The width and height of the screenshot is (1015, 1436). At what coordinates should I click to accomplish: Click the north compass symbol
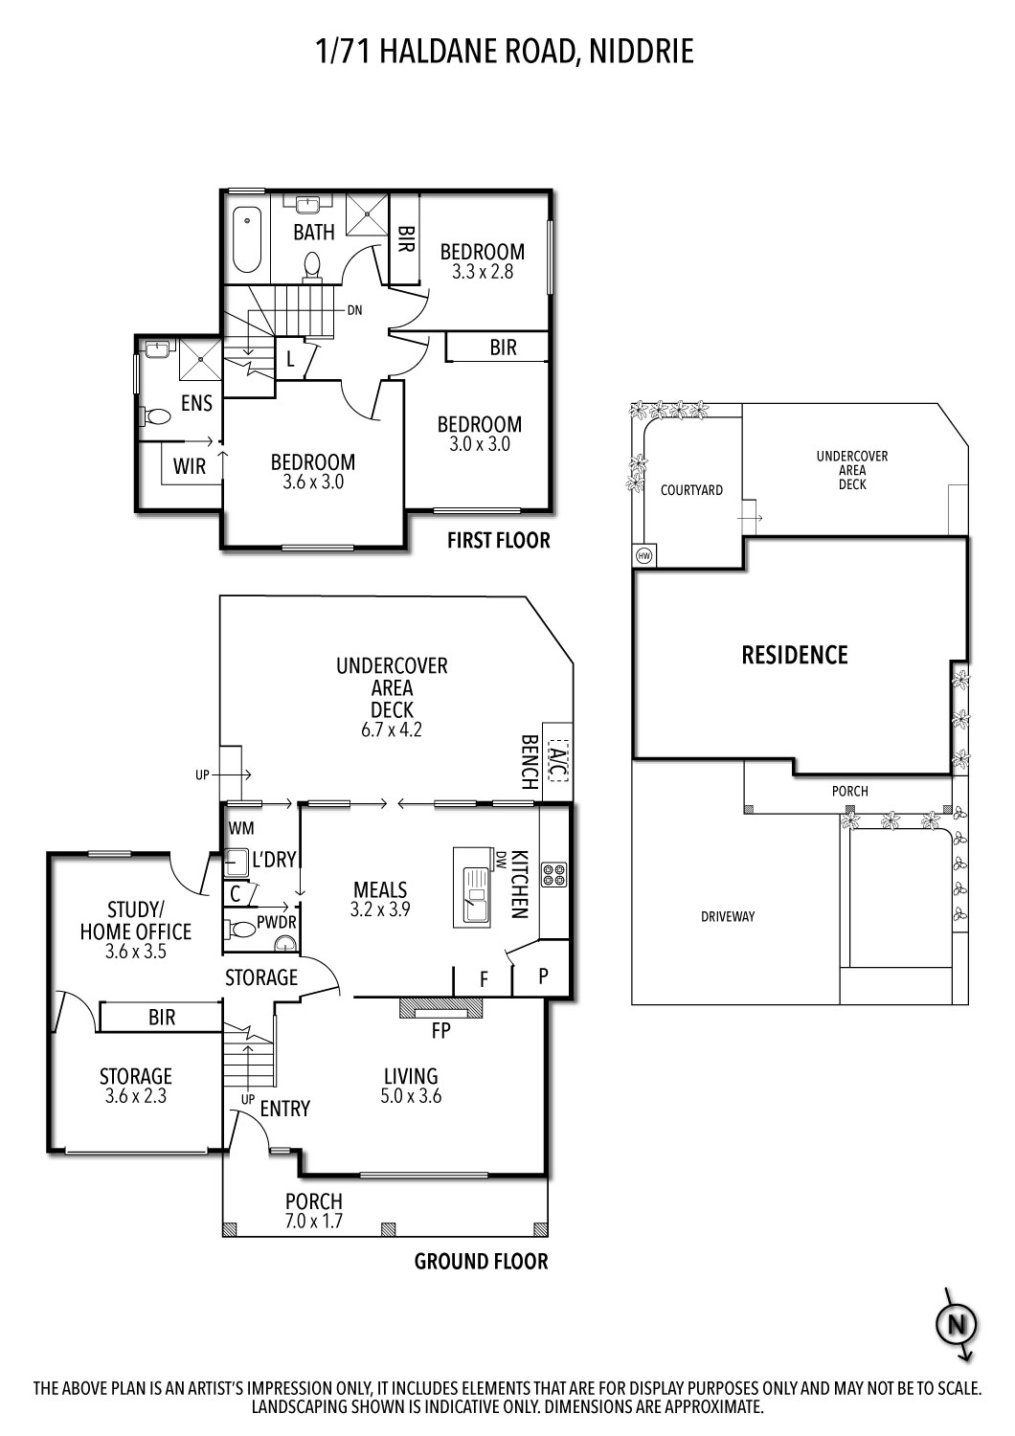pos(957,1324)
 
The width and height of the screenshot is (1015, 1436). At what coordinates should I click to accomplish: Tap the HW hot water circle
pos(644,556)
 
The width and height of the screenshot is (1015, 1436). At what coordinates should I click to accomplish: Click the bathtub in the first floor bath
pos(247,239)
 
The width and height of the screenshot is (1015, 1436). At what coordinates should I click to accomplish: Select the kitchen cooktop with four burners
pos(554,875)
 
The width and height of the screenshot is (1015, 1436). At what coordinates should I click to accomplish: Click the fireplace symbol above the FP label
pos(440,1007)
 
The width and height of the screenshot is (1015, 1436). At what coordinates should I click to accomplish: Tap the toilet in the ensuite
pos(155,417)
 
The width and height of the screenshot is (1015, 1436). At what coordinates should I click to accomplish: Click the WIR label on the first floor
pos(190,466)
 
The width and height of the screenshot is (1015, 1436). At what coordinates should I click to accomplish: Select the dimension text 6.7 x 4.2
pos(391,729)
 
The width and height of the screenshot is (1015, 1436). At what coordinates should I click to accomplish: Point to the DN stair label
pos(354,310)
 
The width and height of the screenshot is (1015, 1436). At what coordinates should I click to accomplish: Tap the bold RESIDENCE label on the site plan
pos(795,655)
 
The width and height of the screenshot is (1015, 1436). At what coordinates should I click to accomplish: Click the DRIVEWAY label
pos(728,917)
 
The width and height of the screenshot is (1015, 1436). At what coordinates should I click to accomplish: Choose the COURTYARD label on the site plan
pos(691,490)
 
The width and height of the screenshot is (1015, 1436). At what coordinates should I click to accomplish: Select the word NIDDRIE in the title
pos(642,52)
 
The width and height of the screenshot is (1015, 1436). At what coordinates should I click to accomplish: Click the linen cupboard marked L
pos(290,359)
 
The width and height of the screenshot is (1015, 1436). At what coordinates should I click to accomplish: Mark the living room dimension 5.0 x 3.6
pos(411,1095)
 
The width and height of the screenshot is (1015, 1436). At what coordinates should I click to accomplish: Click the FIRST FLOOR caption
pos(498,541)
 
